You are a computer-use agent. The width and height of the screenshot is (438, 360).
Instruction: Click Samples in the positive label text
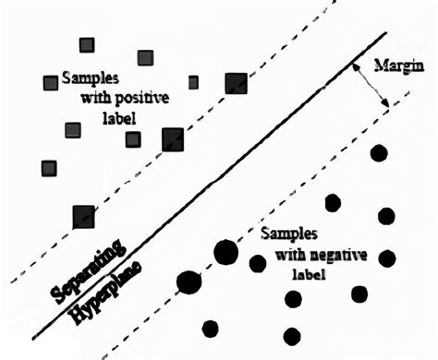pyautogui.click(x=86, y=79)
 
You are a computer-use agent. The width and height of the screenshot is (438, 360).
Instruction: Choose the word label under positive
pyautogui.click(x=119, y=119)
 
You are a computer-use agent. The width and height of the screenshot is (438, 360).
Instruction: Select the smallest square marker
pyautogui.click(x=193, y=82)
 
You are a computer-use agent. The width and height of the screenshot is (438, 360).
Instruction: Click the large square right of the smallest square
pyautogui.click(x=237, y=83)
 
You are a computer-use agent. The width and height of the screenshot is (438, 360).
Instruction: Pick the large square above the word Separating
pyautogui.click(x=84, y=217)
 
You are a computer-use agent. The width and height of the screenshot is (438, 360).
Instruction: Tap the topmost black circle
pyautogui.click(x=377, y=153)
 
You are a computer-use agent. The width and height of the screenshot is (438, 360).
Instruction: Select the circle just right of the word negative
pyautogui.click(x=386, y=258)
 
